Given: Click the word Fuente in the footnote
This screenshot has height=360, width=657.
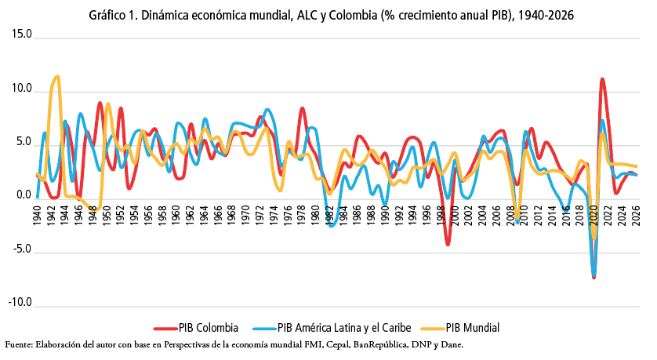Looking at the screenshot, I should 20,344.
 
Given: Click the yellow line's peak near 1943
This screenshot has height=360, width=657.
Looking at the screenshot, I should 57,77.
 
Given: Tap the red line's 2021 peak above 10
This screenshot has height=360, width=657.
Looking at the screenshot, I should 601,79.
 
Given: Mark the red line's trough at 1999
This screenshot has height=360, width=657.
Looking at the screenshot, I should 448,245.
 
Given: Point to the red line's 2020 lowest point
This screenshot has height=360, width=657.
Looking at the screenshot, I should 594,278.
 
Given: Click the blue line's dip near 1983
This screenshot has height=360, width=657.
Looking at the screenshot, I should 332,226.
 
